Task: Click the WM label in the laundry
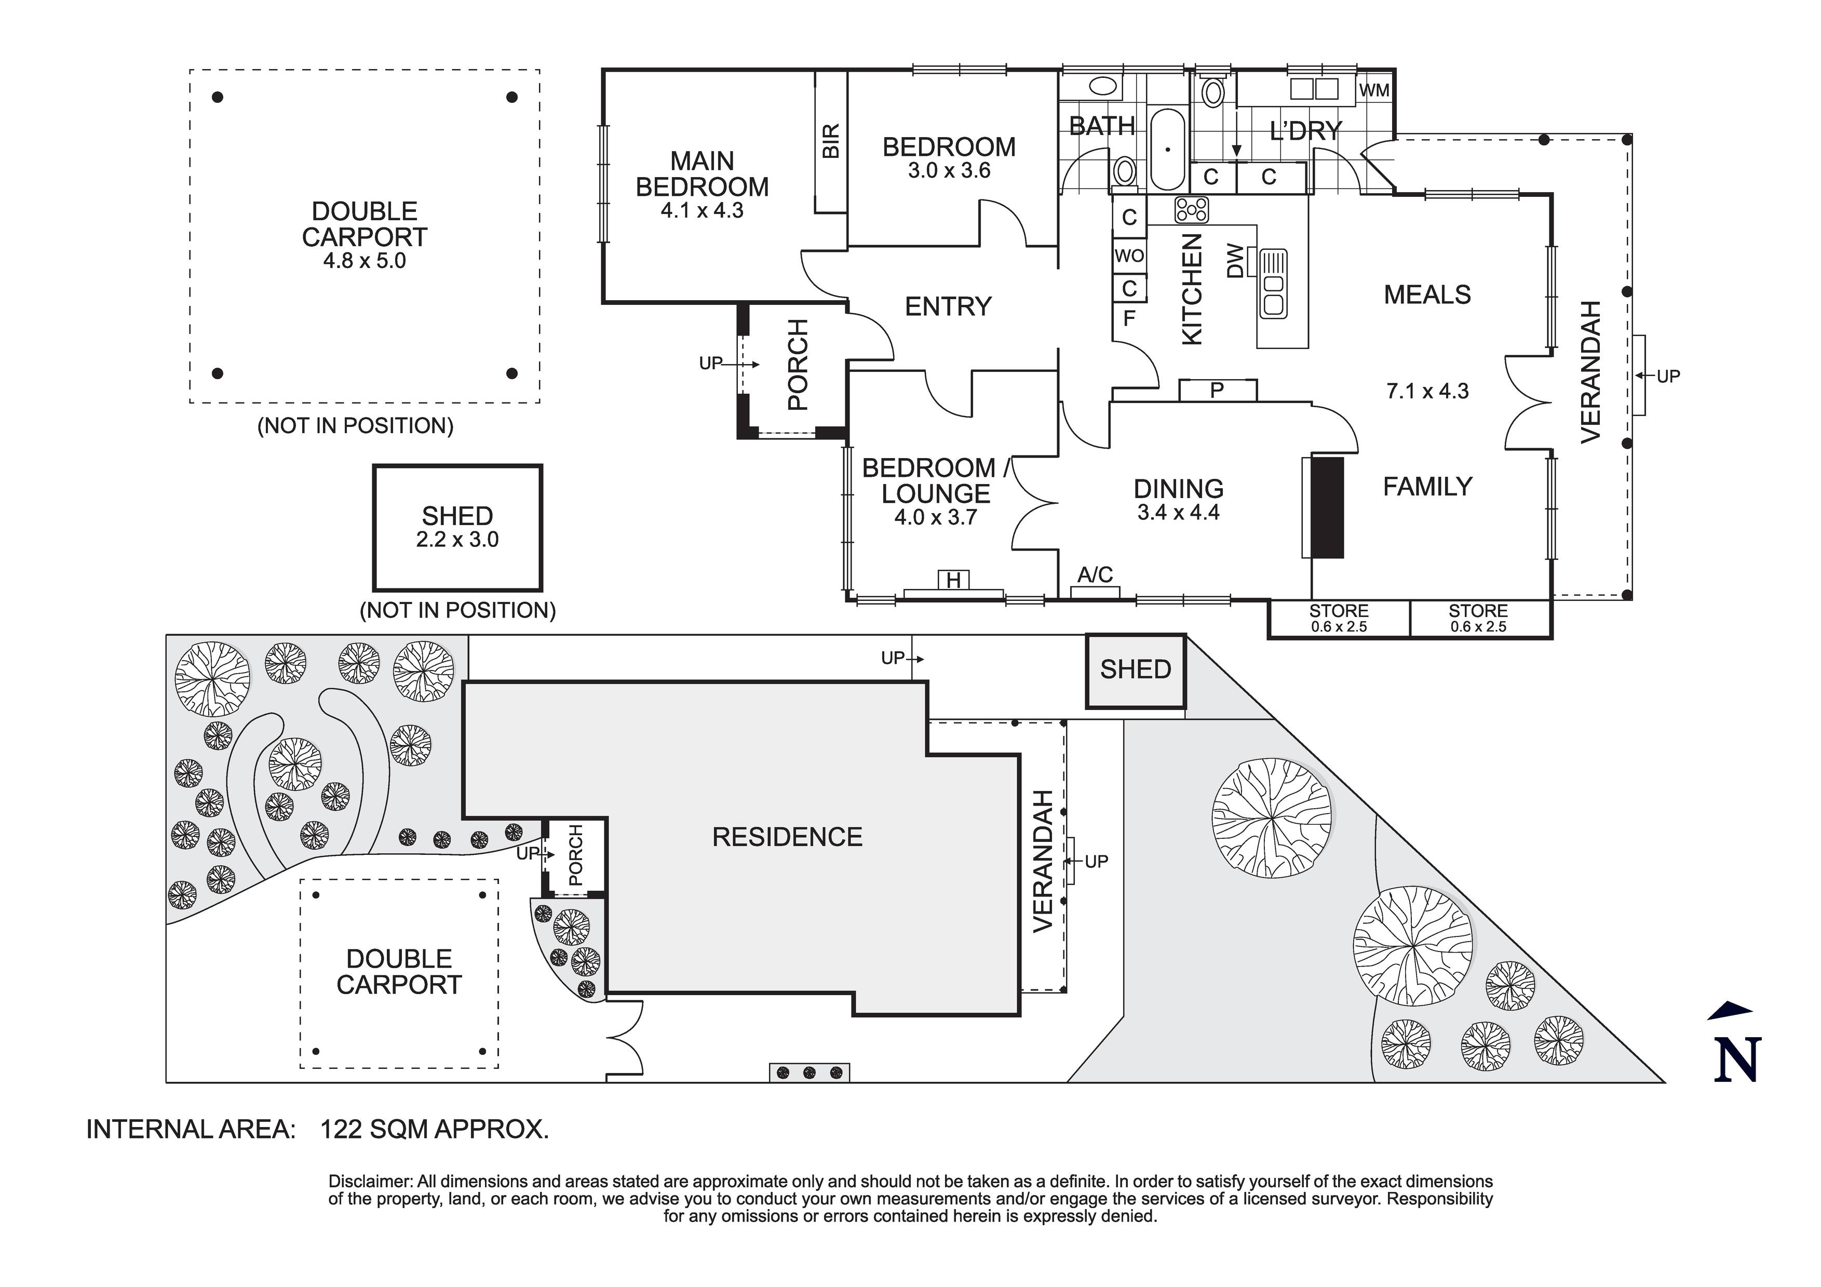point(1374,90)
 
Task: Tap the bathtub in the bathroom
point(1167,149)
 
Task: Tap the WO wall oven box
point(1129,256)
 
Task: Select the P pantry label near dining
point(1217,391)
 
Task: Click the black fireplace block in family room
point(1327,507)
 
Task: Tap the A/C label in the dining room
point(1095,574)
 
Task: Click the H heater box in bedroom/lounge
point(953,581)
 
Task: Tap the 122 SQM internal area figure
point(434,1129)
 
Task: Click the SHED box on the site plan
point(1135,669)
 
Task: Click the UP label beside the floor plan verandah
point(1668,376)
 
